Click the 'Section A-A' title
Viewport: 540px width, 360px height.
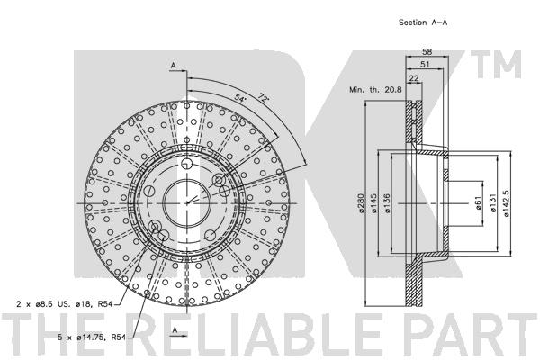point(423,22)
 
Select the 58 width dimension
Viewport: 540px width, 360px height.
point(427,52)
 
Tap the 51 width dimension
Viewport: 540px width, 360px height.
point(426,65)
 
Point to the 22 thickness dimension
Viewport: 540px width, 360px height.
point(414,78)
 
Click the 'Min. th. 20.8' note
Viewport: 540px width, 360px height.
point(375,90)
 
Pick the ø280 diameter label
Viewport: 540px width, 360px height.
point(361,202)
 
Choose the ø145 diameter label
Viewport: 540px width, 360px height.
point(374,202)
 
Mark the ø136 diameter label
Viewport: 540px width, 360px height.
point(387,202)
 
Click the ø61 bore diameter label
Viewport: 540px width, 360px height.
point(478,202)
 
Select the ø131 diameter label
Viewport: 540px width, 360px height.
point(493,202)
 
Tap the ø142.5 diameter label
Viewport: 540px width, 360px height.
point(506,202)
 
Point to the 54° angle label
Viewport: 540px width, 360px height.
point(240,97)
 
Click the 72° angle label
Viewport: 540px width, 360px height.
point(263,97)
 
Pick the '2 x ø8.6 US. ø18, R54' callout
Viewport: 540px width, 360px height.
point(65,304)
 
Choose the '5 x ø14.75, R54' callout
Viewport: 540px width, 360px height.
point(92,337)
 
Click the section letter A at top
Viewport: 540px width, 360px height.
point(173,65)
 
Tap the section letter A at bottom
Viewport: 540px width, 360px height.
point(175,329)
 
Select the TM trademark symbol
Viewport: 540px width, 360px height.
point(496,64)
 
